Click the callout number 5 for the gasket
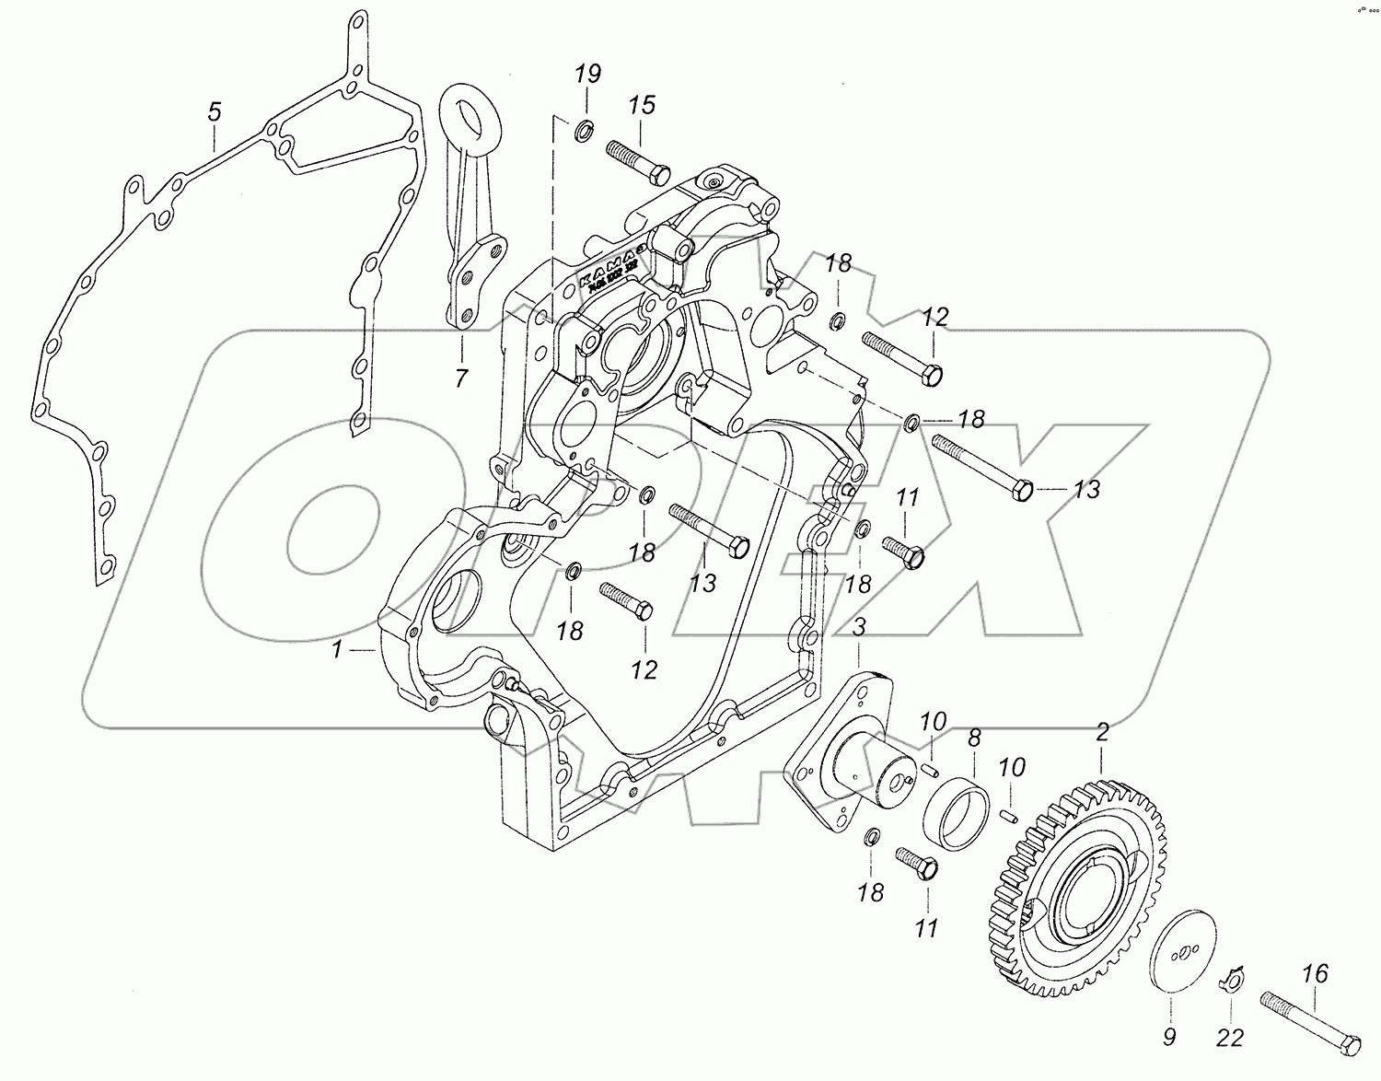coord(214,113)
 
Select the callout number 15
coord(642,105)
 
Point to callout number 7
coord(460,377)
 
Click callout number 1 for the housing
coord(338,650)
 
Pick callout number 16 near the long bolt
coord(1316,973)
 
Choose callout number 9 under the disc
coord(1168,1038)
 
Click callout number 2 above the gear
coord(1101,734)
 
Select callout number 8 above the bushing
coord(973,737)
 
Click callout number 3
coord(858,629)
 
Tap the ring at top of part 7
coord(472,118)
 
